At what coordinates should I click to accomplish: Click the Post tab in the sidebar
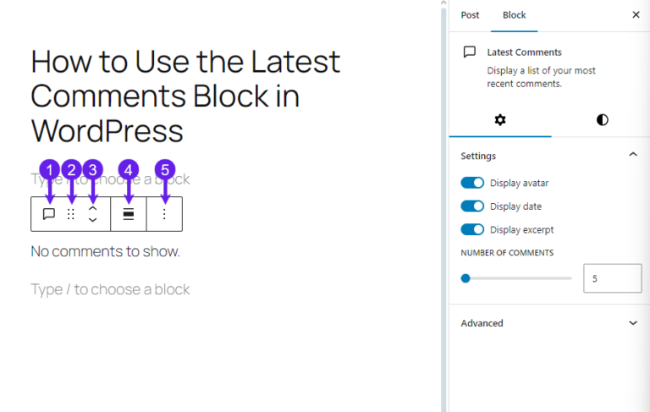[470, 15]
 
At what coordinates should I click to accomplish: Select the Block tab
[514, 15]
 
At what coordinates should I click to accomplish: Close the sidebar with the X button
[636, 15]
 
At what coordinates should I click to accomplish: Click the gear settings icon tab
[500, 120]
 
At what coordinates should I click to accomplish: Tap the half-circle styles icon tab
[602, 120]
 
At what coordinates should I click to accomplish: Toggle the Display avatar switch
[472, 183]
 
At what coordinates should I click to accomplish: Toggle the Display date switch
[472, 206]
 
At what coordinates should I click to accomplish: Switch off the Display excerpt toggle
[472, 229]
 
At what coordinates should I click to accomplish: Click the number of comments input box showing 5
[612, 278]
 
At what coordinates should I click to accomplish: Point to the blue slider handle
[465, 278]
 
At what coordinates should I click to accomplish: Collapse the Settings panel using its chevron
[633, 156]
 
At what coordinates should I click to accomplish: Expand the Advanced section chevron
[633, 323]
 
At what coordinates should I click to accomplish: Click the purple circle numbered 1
[49, 170]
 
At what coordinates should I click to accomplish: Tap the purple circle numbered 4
[129, 170]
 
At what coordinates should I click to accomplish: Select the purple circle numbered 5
[165, 170]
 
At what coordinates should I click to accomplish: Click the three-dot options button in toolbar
[164, 214]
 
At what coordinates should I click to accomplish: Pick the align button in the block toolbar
[129, 214]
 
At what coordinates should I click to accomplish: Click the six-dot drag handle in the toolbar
[71, 214]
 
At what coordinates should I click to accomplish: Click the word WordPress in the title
[107, 131]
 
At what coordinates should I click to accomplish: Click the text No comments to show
[105, 251]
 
